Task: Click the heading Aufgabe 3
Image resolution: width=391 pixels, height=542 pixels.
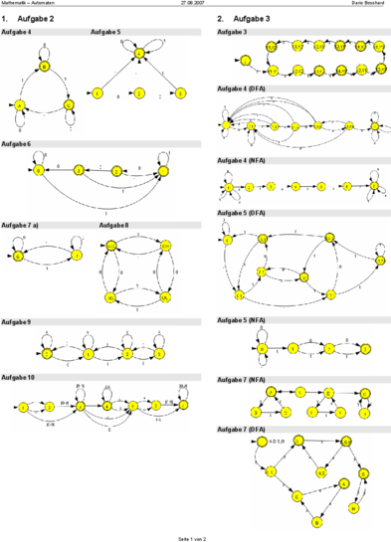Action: (232, 33)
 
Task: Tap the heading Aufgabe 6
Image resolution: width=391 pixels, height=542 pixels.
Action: (16, 144)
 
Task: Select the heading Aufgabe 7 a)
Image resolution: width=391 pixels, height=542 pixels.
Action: (20, 226)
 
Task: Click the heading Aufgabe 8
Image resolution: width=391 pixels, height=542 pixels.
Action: (113, 226)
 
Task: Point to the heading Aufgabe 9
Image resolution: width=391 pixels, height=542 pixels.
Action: (16, 322)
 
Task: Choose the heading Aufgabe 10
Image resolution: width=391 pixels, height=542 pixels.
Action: (18, 378)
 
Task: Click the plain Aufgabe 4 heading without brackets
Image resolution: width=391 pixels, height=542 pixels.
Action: (16, 33)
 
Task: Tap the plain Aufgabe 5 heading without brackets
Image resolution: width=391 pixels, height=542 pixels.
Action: (105, 33)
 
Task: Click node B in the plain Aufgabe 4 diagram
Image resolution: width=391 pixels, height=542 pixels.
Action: (44, 67)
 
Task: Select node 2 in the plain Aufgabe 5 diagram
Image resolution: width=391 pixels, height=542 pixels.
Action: (139, 94)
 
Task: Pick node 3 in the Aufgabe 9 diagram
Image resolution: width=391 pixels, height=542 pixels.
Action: (159, 353)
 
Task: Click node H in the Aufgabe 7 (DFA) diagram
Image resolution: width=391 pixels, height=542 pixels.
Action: (353, 508)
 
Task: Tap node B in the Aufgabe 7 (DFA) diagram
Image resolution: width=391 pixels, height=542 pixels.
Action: (317, 521)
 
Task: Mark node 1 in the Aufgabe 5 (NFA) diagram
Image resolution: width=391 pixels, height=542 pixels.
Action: (293, 348)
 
